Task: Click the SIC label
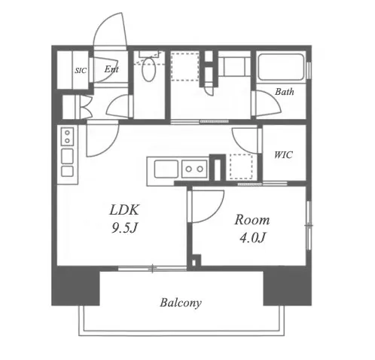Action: click(81, 71)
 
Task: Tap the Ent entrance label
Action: click(111, 69)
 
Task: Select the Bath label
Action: click(285, 92)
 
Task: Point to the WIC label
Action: click(283, 154)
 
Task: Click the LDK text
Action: click(124, 210)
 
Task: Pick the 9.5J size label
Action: click(123, 228)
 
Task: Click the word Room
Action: click(252, 220)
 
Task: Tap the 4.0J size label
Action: click(252, 237)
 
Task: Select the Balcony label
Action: click(181, 303)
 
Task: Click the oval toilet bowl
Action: click(148, 69)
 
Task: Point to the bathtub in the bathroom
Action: click(281, 67)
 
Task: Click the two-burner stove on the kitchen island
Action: click(194, 169)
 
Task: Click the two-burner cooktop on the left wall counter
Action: click(67, 137)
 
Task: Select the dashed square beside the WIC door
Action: click(241, 166)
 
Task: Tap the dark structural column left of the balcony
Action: click(75, 285)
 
